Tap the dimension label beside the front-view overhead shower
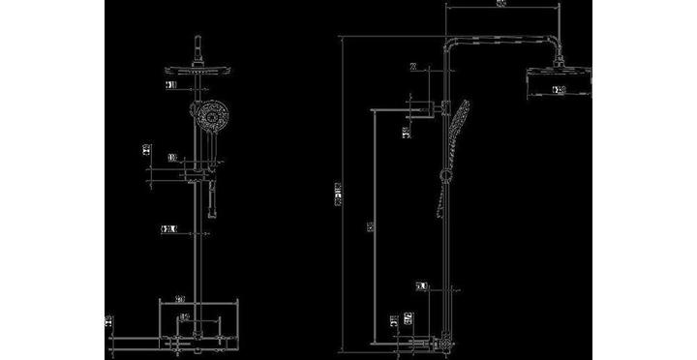(171, 86)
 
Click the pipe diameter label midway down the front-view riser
(169, 229)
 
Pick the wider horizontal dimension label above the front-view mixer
(181, 298)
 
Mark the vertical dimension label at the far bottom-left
(109, 319)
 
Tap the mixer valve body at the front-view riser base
(197, 339)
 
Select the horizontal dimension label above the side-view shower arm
(500, 5)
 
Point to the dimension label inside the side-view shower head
(559, 91)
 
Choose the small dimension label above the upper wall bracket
(414, 68)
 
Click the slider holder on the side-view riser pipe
(444, 175)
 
